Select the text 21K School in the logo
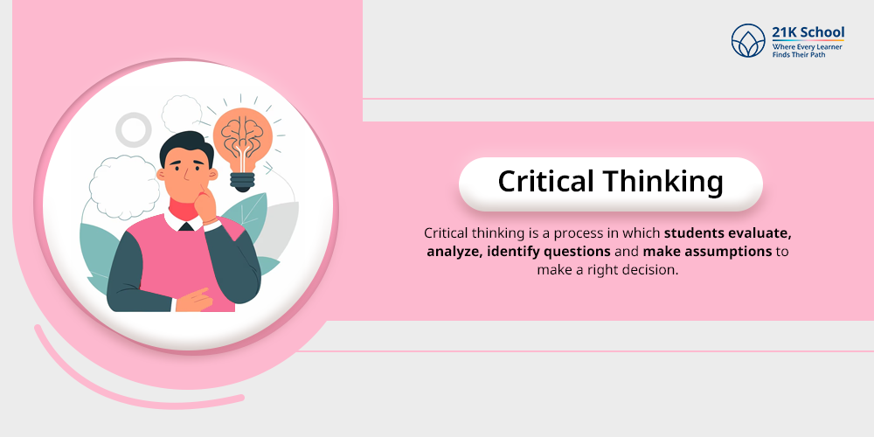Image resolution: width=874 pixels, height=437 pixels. point(808,32)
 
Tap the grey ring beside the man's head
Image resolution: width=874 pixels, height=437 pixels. point(134,130)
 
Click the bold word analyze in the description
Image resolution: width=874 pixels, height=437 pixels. point(454,253)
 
